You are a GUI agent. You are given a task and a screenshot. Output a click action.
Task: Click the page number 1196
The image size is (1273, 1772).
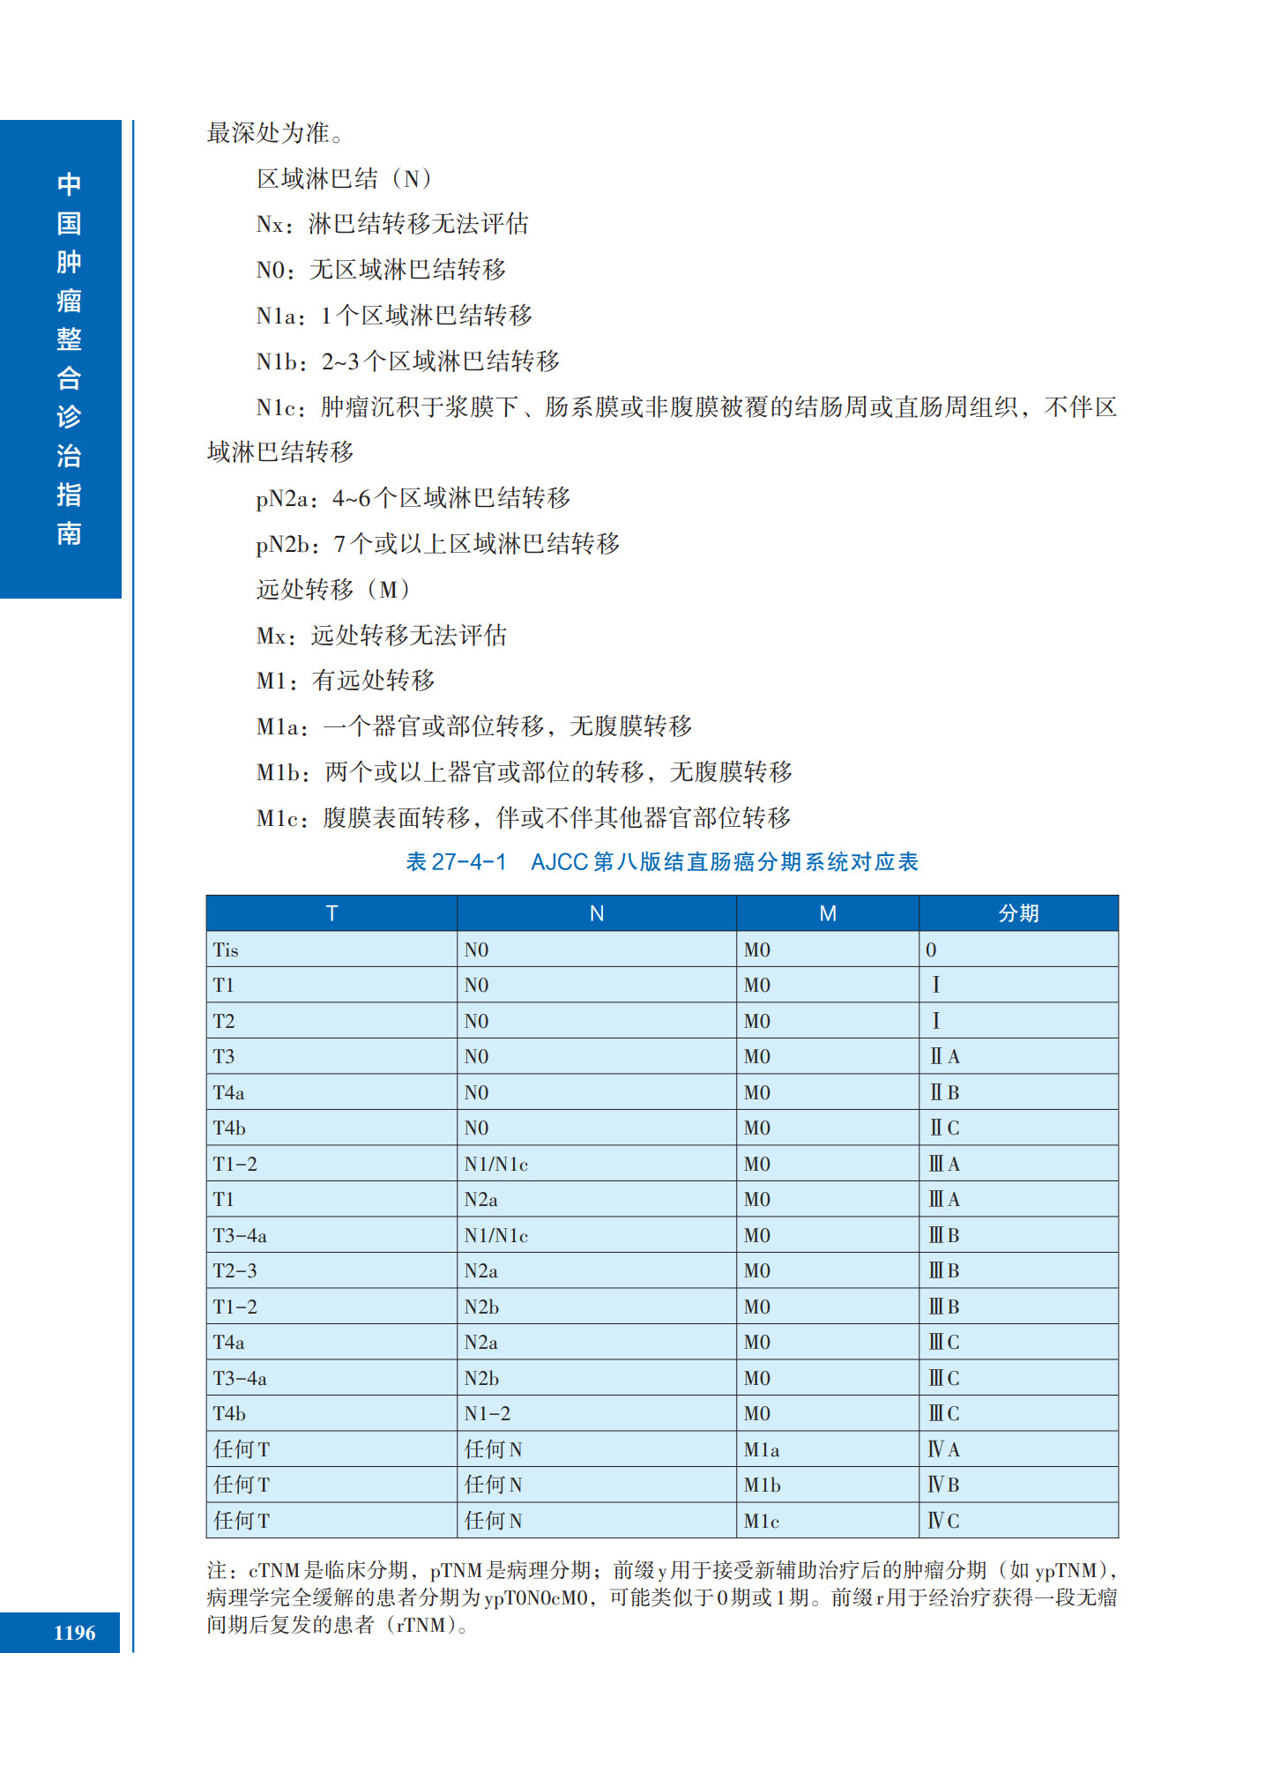click(74, 1633)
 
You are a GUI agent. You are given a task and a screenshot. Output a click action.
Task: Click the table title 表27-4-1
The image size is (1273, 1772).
click(455, 862)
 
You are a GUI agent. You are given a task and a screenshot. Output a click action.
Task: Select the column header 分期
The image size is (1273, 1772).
click(1018, 913)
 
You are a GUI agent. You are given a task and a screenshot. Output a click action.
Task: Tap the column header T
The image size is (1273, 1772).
click(331, 913)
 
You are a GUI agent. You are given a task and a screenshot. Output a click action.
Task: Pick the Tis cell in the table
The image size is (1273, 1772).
click(226, 950)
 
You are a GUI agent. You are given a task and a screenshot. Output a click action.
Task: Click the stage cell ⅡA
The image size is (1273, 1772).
click(944, 1057)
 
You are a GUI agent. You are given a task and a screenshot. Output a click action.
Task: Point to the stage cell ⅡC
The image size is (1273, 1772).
click(944, 1128)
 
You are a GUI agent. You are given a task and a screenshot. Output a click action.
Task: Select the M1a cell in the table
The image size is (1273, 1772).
click(761, 1450)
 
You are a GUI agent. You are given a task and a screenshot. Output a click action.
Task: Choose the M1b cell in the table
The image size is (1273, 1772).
click(762, 1485)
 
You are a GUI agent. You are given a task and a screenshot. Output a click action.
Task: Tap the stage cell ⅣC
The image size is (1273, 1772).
click(943, 1521)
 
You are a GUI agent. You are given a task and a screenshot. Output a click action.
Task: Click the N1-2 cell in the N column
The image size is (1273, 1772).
click(487, 1414)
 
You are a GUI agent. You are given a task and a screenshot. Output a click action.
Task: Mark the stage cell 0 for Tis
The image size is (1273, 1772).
click(931, 950)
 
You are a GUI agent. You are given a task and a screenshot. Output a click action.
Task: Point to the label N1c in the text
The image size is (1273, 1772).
click(279, 407)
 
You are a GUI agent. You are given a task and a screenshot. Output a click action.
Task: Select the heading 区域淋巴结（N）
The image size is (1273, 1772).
click(344, 179)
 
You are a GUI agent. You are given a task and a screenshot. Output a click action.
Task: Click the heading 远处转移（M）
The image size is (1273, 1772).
click(333, 589)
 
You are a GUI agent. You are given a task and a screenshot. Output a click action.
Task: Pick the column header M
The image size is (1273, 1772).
click(827, 913)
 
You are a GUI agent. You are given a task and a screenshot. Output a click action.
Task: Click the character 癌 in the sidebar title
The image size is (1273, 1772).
click(69, 301)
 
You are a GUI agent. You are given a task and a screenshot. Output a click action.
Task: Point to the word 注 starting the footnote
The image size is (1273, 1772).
click(217, 1571)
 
